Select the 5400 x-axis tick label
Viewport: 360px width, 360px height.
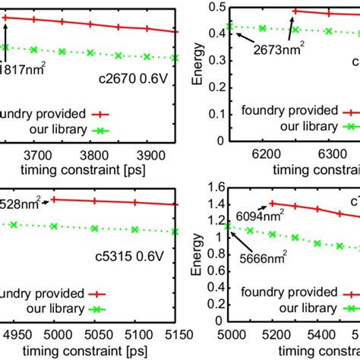pyautogui.click(x=293, y=332)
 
